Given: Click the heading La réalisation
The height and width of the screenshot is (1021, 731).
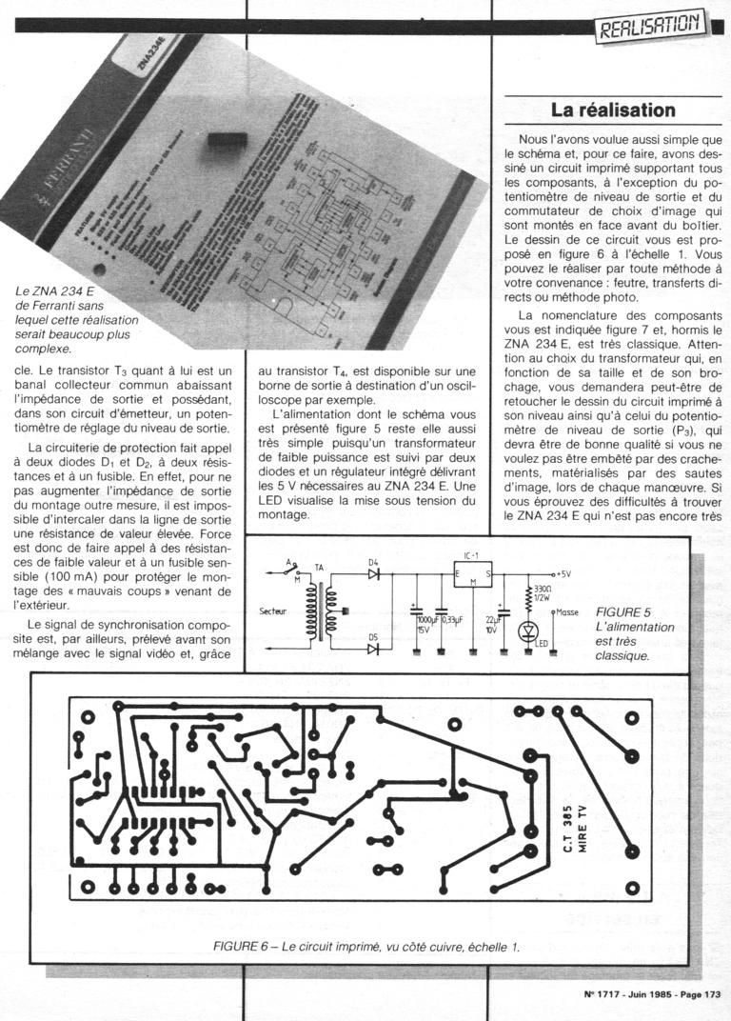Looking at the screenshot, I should tap(613, 110).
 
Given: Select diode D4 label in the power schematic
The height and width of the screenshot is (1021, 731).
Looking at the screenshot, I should tap(374, 563).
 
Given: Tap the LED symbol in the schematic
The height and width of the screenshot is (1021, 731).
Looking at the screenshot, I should tap(528, 631).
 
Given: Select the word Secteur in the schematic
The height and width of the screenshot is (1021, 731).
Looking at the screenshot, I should tap(274, 611).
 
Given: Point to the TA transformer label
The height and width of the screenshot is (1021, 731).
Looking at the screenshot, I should tap(319, 568).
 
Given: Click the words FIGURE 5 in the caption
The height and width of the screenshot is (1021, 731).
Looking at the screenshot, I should tap(623, 611).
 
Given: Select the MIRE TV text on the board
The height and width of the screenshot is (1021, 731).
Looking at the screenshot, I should tap(583, 825).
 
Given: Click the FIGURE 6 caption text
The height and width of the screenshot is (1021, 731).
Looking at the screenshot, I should tap(242, 946).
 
